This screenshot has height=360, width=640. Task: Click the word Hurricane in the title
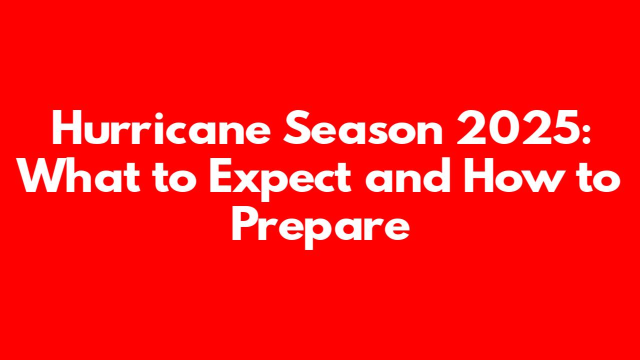coord(161,128)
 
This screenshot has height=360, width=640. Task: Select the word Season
coord(362,128)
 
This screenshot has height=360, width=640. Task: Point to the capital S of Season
coord(297,128)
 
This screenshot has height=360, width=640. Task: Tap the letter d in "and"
coord(436,175)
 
